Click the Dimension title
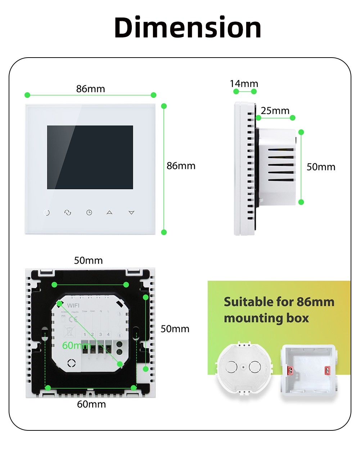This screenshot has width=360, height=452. click(188, 27)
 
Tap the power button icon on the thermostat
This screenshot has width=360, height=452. click(46, 213)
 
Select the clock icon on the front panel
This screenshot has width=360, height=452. click(89, 213)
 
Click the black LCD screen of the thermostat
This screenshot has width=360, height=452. click(90, 157)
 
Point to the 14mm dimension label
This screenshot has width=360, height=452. click(244, 84)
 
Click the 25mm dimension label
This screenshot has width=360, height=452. click(275, 111)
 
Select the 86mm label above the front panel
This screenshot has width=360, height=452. click(90, 89)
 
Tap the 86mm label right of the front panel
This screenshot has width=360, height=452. click(181, 166)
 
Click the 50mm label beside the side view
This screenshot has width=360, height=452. click(321, 167)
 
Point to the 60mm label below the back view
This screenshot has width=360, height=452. click(91, 404)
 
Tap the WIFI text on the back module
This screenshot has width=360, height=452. click(73, 306)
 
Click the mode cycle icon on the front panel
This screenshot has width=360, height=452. click(68, 213)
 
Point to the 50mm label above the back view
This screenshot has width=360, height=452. click(88, 261)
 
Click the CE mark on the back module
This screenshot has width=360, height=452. click(73, 319)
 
